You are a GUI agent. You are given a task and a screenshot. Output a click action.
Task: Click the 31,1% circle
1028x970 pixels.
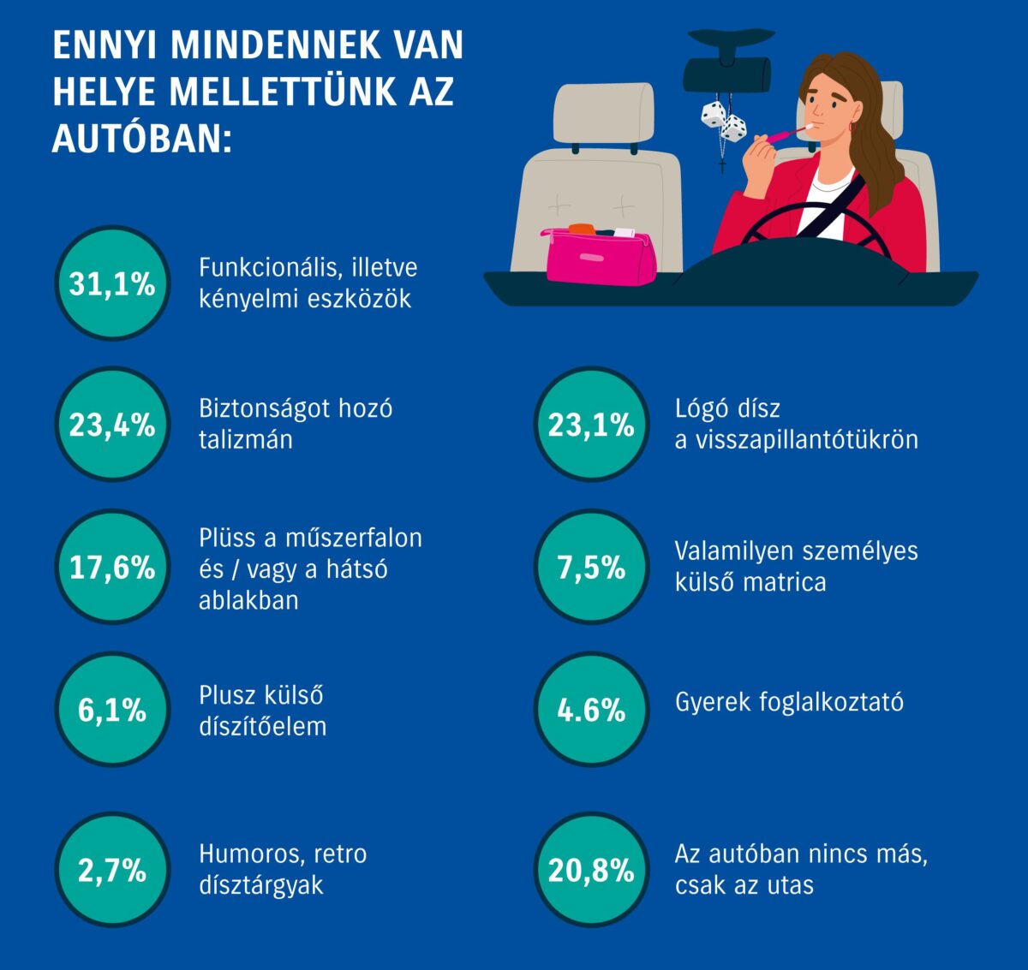click(111, 283)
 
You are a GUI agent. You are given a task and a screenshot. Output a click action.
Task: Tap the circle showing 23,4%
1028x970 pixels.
click(111, 425)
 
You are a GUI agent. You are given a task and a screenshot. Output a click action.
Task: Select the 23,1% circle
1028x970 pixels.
click(591, 425)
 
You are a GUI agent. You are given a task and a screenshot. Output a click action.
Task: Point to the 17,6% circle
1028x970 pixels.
click(111, 567)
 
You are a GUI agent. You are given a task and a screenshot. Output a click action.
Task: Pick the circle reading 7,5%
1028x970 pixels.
click(591, 567)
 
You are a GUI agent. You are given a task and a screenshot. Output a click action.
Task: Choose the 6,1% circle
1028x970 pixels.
click(111, 710)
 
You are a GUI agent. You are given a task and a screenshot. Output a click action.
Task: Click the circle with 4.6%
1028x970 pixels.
click(591, 710)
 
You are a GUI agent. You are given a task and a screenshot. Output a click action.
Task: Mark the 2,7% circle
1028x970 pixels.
click(111, 871)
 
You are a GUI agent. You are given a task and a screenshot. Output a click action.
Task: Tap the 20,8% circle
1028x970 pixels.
click(591, 871)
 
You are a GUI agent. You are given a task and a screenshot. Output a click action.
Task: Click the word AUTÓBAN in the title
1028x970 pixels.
click(140, 139)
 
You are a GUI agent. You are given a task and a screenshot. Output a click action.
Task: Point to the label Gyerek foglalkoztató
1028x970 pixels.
click(789, 702)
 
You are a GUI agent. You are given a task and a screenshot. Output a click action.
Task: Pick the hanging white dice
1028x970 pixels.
click(723, 122)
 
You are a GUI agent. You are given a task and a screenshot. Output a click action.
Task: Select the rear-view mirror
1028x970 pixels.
click(726, 75)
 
